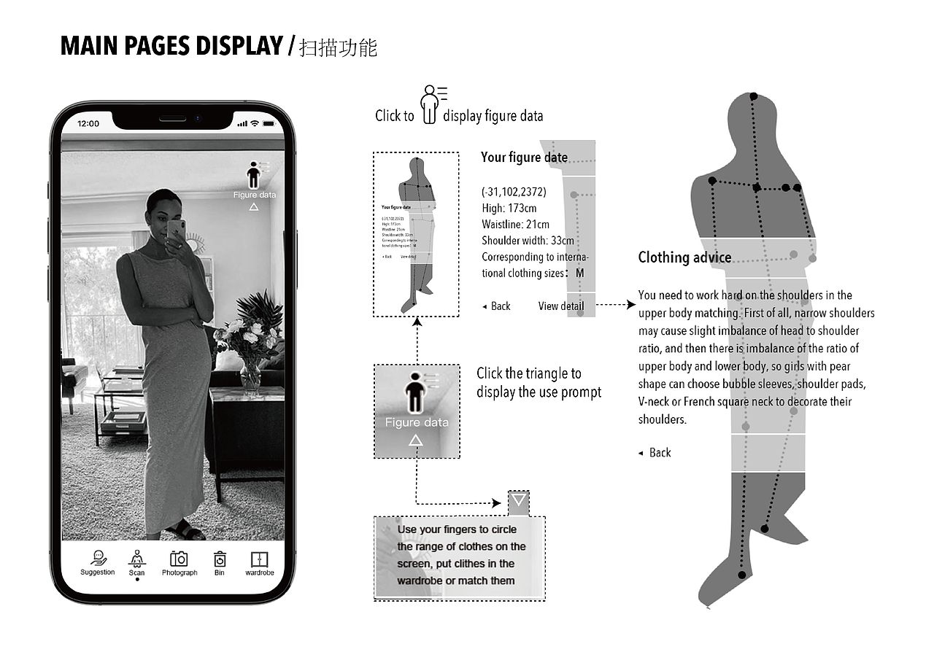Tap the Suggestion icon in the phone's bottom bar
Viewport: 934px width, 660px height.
click(98, 559)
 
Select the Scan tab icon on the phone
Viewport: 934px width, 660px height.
click(136, 559)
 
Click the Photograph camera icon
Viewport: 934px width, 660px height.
click(179, 559)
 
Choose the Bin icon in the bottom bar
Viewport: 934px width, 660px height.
click(220, 559)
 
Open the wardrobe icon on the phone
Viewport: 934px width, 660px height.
click(259, 559)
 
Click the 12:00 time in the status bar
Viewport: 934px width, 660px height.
click(88, 124)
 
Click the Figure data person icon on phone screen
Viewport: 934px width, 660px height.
click(253, 176)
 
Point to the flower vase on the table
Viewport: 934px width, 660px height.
click(250, 375)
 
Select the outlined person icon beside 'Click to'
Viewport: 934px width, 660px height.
click(431, 104)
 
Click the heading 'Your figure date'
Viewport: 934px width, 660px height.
click(524, 158)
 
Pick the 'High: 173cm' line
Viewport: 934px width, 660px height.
click(509, 209)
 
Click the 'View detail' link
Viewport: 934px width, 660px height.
click(561, 306)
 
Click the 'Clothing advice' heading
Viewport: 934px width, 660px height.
click(684, 257)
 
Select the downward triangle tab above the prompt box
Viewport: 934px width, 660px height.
click(519, 501)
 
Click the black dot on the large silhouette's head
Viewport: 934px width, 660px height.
click(754, 97)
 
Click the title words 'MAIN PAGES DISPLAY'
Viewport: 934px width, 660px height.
click(171, 46)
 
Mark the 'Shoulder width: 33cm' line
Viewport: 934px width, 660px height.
click(528, 241)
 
